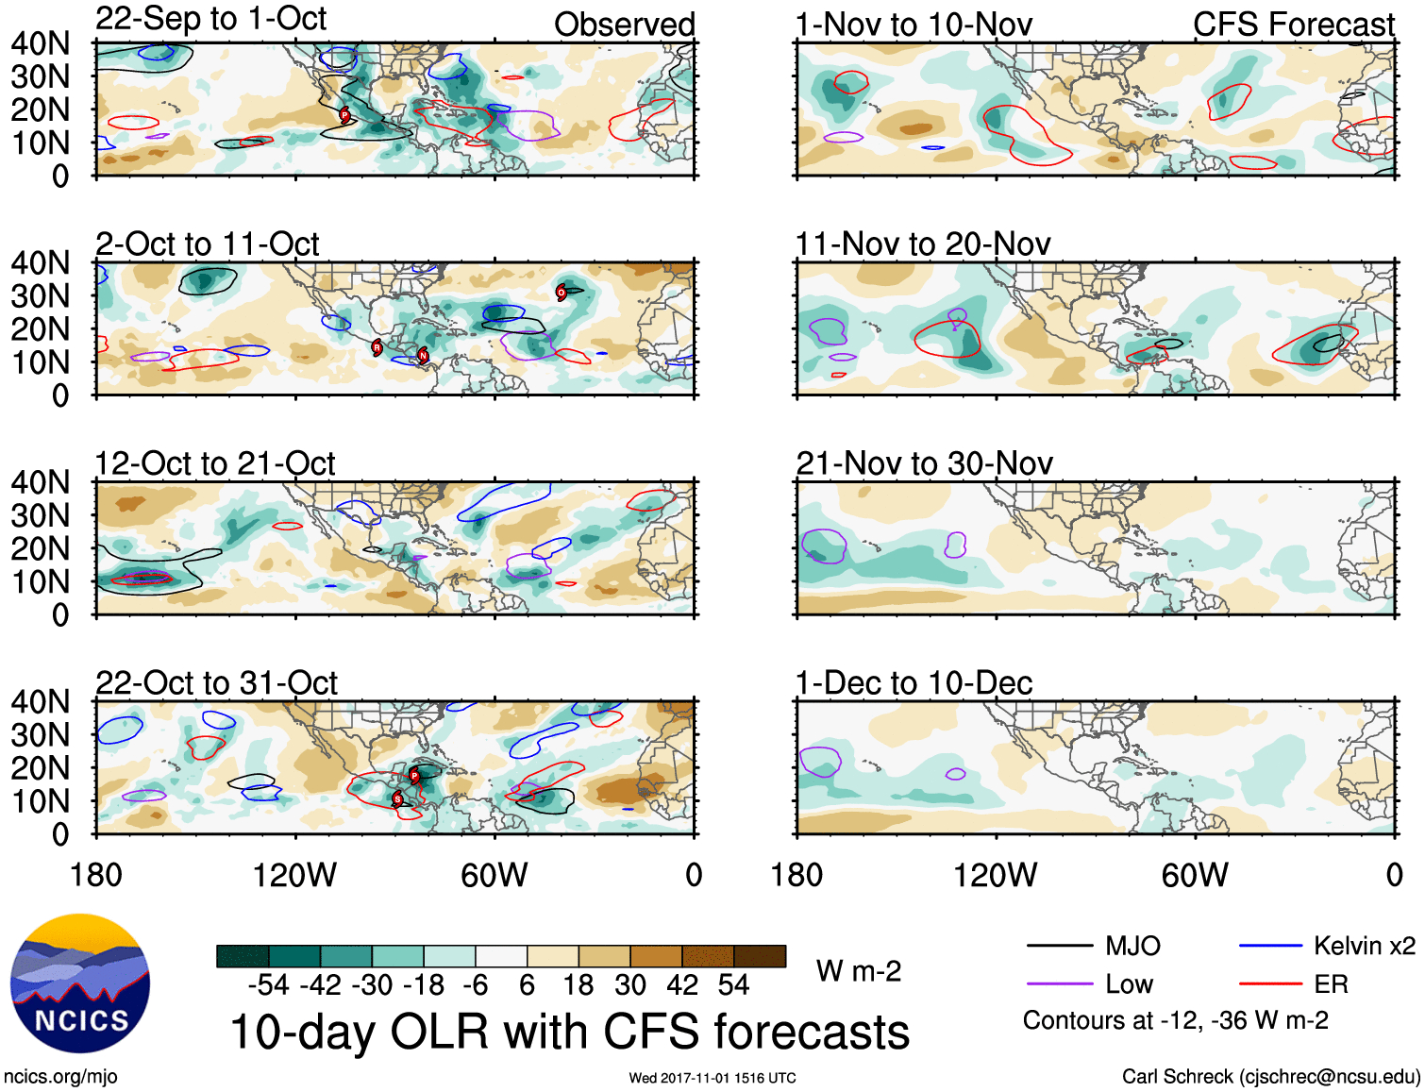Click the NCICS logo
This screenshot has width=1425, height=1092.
coord(80,983)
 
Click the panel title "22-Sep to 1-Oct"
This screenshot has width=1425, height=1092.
coord(210,18)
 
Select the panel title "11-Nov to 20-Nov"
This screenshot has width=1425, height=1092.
coord(922,244)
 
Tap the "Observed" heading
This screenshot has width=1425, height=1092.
coord(624,25)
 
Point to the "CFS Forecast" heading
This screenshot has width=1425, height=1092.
coord(1293,25)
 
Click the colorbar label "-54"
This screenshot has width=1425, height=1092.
coord(268,985)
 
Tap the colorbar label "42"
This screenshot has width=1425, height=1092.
coord(683,985)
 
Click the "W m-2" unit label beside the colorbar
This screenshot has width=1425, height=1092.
coord(858,970)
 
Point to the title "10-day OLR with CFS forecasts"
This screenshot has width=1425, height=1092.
coord(569,1032)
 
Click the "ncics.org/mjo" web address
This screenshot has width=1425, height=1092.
coord(60,1076)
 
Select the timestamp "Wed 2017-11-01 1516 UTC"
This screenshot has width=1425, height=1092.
coord(712,1078)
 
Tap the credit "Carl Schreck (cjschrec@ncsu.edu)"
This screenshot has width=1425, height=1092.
coord(1270,1076)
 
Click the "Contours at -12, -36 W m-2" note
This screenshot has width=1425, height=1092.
coord(1175,1020)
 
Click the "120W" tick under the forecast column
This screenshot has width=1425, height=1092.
coord(995,876)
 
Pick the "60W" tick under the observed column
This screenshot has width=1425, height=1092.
coord(494,876)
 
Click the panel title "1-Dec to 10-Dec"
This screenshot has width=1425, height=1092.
coord(914,682)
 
